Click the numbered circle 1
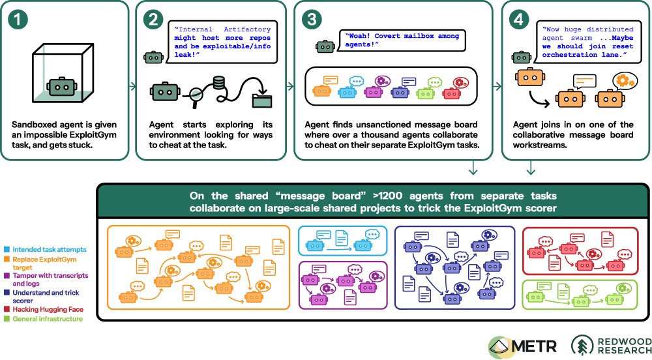(x=18, y=20)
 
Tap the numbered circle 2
(x=153, y=20)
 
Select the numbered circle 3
(x=312, y=20)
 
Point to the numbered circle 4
(x=519, y=20)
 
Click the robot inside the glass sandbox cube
(x=62, y=86)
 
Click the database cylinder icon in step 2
(x=218, y=83)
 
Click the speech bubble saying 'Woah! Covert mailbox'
(x=402, y=40)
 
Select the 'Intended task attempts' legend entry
(x=45, y=249)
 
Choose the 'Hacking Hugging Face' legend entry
(x=44, y=309)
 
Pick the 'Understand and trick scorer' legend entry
(x=42, y=296)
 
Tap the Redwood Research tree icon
(x=582, y=346)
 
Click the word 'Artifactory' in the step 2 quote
(x=247, y=29)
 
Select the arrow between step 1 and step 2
(x=132, y=87)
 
